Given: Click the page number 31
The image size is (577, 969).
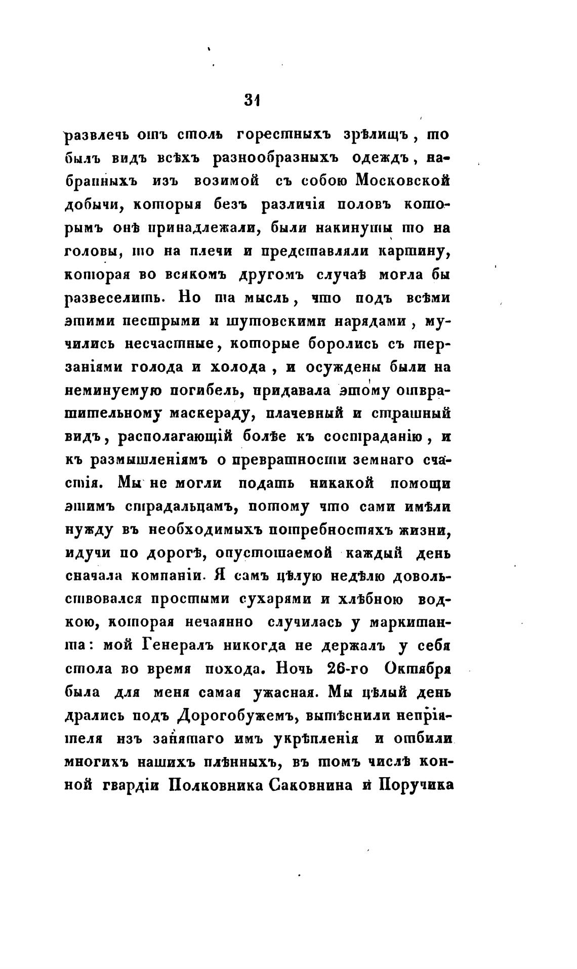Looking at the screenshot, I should (x=251, y=100).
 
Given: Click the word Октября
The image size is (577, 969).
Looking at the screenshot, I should (x=418, y=668).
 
